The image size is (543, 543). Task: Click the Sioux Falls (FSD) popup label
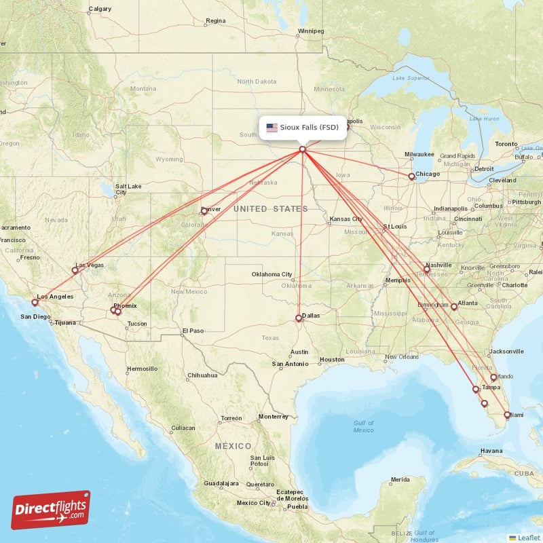pos(310,127)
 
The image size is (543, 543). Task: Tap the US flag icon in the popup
pos(272,127)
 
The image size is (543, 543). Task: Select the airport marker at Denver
pos(204,211)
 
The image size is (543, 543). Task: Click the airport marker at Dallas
pos(299,318)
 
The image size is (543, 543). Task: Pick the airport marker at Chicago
pos(411,176)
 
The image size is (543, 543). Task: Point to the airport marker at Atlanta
pos(454,307)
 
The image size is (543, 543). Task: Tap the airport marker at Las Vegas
pos(75,270)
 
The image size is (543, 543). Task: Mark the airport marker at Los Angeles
pos(35,302)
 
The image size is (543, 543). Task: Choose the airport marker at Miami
pos(507,415)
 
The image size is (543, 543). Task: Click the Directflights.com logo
pos(51,510)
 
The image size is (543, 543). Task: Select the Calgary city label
pos(100,9)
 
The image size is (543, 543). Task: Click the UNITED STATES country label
pos(270,209)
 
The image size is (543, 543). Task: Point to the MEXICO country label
pos(233,446)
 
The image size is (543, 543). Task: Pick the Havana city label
pos(491,451)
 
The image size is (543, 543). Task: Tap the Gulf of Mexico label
pos(363,426)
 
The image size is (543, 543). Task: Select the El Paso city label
pos(192,331)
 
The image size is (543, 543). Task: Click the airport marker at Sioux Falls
pos(302,149)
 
